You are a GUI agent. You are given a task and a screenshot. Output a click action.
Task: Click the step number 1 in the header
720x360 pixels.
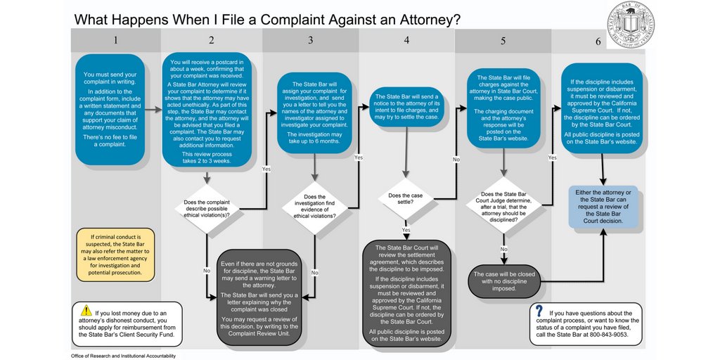116,40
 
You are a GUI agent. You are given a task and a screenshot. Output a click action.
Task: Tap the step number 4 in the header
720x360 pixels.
406,40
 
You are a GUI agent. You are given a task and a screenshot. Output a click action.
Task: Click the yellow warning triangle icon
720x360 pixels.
86,311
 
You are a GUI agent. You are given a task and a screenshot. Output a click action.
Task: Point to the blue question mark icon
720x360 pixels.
539,311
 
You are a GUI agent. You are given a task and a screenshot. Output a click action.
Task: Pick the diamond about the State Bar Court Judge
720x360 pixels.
503,207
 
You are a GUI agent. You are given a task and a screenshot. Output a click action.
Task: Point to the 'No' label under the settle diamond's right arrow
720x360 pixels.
456,160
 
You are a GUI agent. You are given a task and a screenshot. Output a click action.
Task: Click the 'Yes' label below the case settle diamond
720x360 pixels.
406,231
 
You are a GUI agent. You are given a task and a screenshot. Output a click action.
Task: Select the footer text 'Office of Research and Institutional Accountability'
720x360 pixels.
123,356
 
